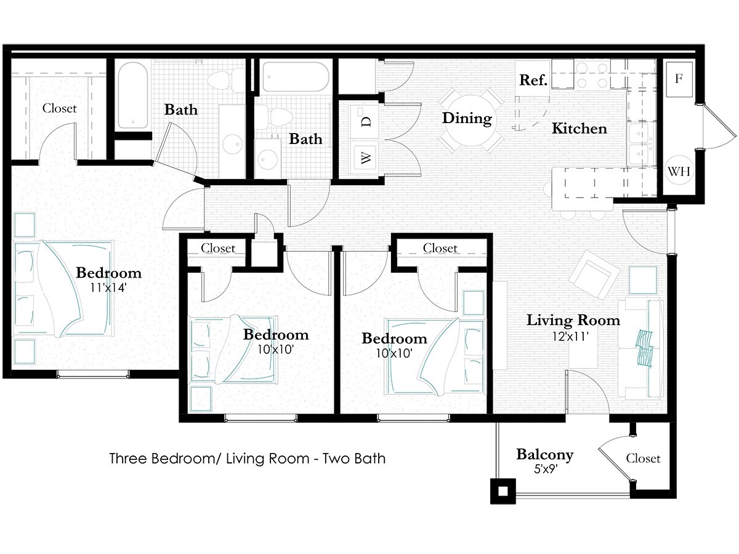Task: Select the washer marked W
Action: [365, 159]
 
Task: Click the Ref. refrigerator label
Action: [533, 80]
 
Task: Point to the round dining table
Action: [467, 119]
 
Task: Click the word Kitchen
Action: [579, 129]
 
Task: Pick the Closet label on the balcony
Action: [643, 459]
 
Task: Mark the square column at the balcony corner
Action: [503, 491]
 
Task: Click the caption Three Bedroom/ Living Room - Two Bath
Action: [247, 459]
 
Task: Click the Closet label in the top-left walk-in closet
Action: [60, 108]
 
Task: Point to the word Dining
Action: [467, 119]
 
